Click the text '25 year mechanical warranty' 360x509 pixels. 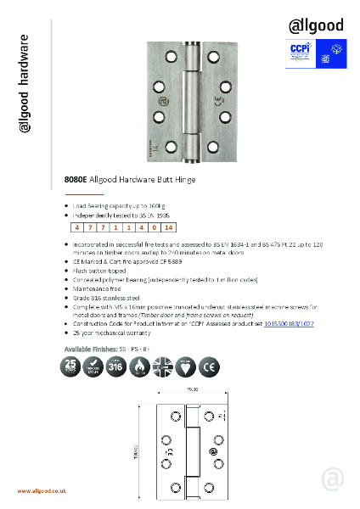tap(110, 333)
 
